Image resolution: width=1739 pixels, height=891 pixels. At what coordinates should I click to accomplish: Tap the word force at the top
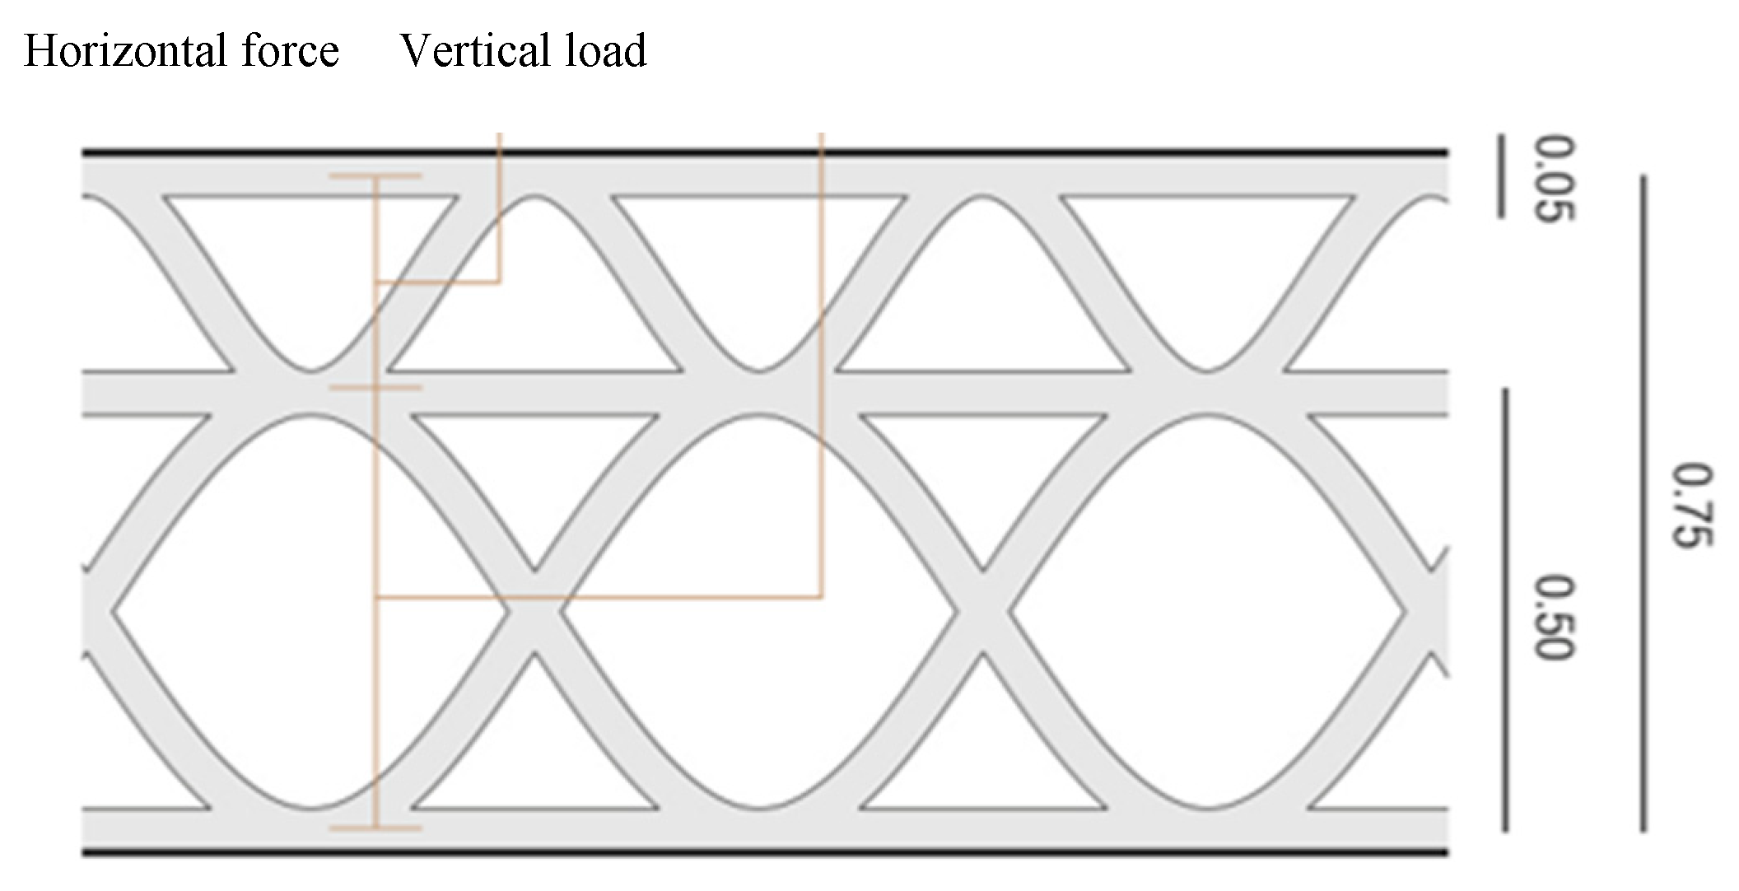point(291,51)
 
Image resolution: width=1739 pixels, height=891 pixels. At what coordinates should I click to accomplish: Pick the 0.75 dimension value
point(1693,505)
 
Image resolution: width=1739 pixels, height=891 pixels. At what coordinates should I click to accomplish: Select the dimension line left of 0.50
point(1505,609)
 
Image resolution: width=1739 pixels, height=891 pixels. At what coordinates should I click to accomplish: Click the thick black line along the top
point(764,152)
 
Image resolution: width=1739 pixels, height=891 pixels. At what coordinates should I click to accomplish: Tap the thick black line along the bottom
point(764,851)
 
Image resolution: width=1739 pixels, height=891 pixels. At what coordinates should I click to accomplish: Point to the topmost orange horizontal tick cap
point(375,176)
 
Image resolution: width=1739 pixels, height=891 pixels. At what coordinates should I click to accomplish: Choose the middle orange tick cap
point(375,387)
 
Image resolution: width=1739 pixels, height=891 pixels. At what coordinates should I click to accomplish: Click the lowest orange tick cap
point(375,828)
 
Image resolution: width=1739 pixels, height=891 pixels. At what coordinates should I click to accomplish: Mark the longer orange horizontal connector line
point(599,596)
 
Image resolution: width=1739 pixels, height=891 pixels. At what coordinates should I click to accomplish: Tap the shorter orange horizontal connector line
point(438,282)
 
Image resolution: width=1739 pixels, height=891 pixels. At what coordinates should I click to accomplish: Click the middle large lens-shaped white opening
point(758,611)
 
